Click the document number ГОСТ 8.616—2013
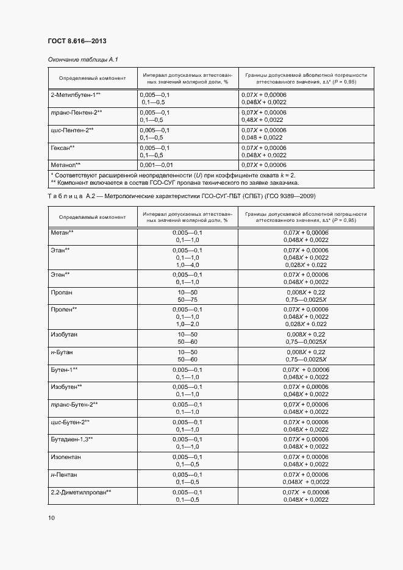(77, 41)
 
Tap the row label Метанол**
(65, 165)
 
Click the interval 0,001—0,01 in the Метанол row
(156, 165)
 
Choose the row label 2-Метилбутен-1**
(76, 96)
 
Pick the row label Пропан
(62, 293)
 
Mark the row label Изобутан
(64, 335)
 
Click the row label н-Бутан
(63, 352)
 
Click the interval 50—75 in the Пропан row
(187, 300)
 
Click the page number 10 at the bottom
(51, 518)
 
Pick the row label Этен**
(60, 275)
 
